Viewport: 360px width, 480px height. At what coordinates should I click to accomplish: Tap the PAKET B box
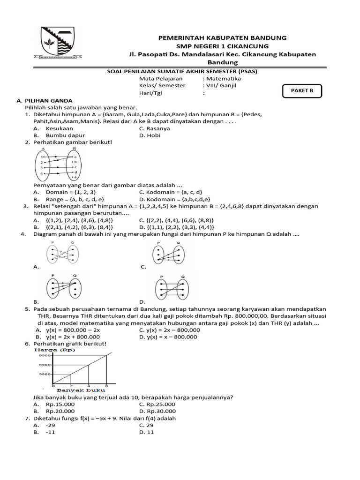(302, 91)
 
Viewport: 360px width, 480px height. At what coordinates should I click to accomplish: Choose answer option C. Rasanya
(155, 128)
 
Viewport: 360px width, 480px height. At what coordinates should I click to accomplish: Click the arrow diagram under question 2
(59, 164)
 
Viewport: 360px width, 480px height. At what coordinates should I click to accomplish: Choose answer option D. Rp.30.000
(157, 411)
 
